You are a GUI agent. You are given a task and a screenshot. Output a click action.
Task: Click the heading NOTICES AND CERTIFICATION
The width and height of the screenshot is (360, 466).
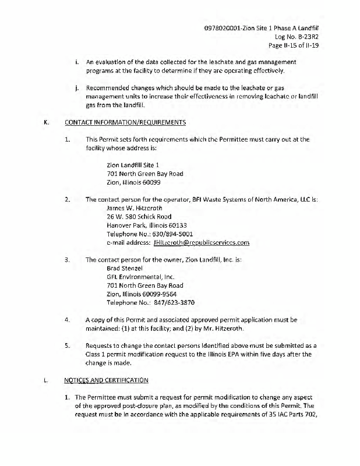(107, 380)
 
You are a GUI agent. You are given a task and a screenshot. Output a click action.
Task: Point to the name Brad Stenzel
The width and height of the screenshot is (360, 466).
(126, 268)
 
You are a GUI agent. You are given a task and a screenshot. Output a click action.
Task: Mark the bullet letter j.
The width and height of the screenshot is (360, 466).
(77, 89)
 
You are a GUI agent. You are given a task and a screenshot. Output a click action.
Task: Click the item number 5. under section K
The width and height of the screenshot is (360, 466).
(68, 345)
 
